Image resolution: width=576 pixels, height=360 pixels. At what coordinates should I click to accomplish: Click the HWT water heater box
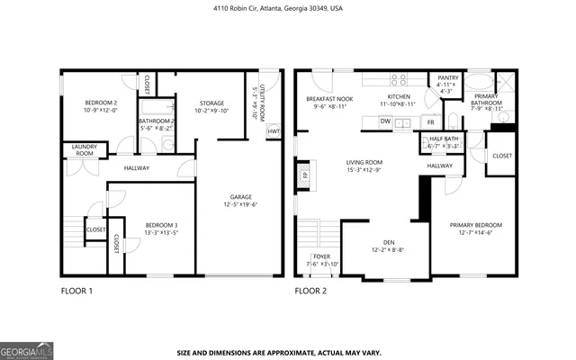273,132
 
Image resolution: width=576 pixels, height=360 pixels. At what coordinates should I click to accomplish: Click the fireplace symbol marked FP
303,175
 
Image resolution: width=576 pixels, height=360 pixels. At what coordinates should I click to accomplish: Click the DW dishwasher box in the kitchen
384,121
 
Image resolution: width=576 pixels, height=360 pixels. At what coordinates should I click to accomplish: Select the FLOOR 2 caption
310,291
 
